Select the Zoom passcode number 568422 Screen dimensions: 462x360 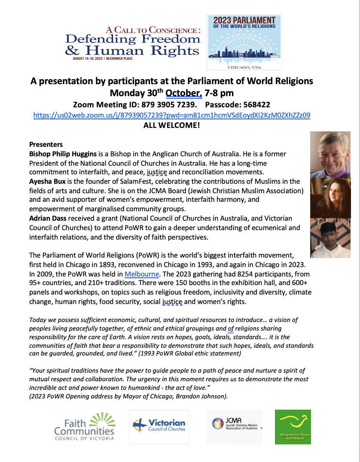255,104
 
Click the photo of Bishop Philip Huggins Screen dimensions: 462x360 330,155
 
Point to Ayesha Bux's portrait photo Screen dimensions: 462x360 330,198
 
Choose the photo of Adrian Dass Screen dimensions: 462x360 330,238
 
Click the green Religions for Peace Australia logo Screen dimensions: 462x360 293,426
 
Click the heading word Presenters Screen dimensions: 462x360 46,144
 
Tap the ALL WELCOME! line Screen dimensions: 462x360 171,126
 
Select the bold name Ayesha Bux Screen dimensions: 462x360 47,182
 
